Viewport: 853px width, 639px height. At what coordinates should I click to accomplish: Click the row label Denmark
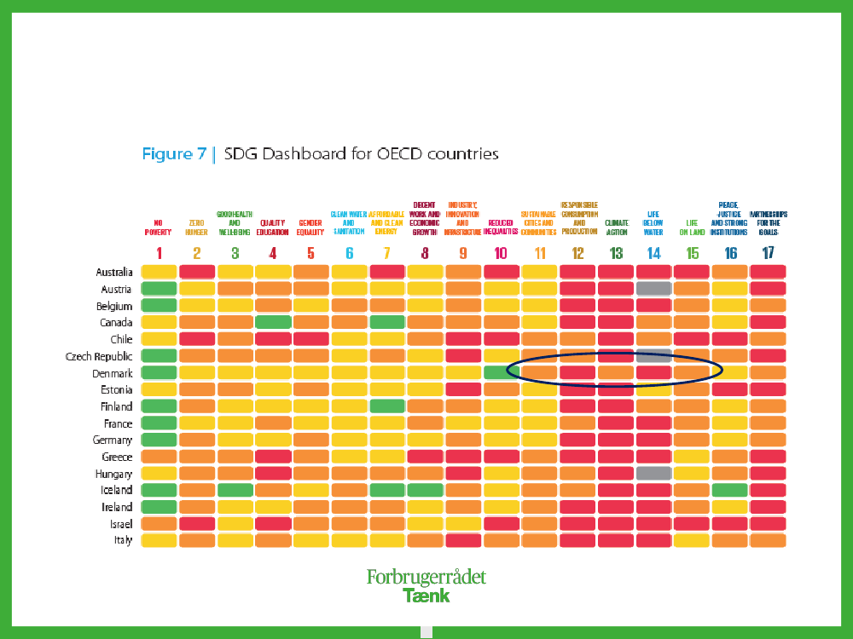click(x=113, y=373)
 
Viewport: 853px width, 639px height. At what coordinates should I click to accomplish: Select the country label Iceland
click(x=117, y=491)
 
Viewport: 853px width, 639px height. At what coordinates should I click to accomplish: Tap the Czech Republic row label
click(x=99, y=356)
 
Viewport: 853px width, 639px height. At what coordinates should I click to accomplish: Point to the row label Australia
click(x=114, y=273)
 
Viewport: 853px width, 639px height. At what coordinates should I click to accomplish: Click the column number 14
click(x=653, y=253)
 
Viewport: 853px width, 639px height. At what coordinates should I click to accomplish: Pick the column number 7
click(x=386, y=253)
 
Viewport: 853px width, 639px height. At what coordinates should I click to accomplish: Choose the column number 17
click(x=769, y=253)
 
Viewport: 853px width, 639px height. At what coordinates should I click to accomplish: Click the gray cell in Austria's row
click(x=653, y=289)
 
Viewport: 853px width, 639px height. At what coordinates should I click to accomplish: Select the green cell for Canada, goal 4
click(x=273, y=323)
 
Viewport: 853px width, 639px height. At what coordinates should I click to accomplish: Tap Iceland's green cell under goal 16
click(x=729, y=491)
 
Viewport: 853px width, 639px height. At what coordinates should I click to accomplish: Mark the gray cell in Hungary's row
click(x=653, y=474)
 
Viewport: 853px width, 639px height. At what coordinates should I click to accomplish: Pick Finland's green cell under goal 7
click(x=386, y=406)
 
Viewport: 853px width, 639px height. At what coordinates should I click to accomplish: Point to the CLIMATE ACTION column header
click(x=616, y=227)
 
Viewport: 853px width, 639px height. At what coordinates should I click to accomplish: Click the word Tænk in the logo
click(x=426, y=595)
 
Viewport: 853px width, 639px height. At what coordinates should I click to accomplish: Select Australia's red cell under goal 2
click(x=196, y=272)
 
